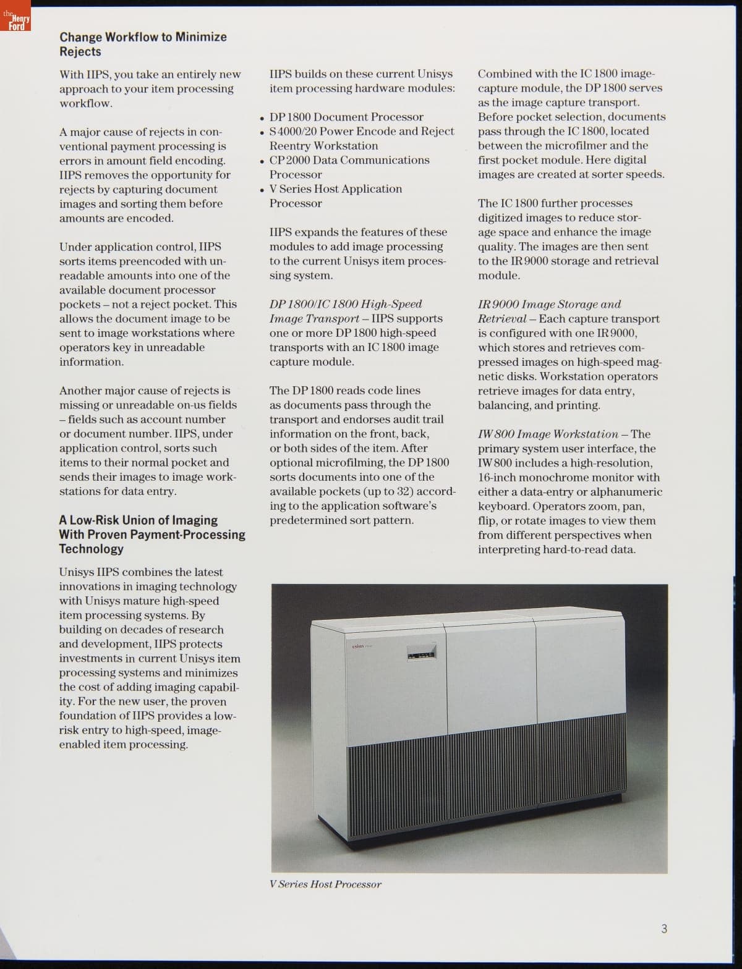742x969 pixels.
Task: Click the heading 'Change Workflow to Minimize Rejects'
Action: (x=143, y=44)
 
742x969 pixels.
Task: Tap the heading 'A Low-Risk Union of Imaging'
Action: (x=139, y=520)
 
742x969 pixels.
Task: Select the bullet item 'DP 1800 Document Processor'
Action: (x=346, y=117)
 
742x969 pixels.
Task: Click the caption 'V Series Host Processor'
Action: (x=325, y=884)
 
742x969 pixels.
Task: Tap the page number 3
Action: (x=664, y=929)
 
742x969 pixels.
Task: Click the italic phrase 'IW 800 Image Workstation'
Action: (x=548, y=434)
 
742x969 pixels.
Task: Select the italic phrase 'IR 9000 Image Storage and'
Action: (x=549, y=304)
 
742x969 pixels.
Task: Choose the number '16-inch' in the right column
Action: (x=497, y=478)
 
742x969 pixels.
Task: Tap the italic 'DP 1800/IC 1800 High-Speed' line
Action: (x=346, y=304)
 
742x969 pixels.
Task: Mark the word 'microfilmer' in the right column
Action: (x=578, y=146)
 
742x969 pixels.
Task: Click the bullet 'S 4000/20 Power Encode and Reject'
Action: (x=362, y=131)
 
